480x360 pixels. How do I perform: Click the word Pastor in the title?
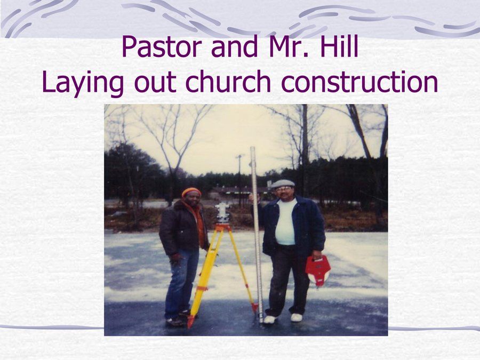coord(161,47)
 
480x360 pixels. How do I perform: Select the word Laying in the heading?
coord(83,83)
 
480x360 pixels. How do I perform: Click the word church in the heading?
coord(228,82)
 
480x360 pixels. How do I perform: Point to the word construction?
coord(359,82)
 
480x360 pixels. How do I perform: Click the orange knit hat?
coord(191,192)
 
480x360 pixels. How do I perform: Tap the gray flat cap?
coord(283,183)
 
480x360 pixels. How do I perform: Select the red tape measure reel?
coord(318,270)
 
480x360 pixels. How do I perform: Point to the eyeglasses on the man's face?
coord(283,189)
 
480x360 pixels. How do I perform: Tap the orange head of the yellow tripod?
coord(223,227)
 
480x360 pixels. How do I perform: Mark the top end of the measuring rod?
coord(253,148)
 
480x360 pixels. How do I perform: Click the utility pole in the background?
coord(239,178)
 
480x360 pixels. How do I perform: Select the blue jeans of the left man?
coord(181,283)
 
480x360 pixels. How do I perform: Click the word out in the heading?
coord(155,82)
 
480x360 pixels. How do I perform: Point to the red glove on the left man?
coord(175,258)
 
